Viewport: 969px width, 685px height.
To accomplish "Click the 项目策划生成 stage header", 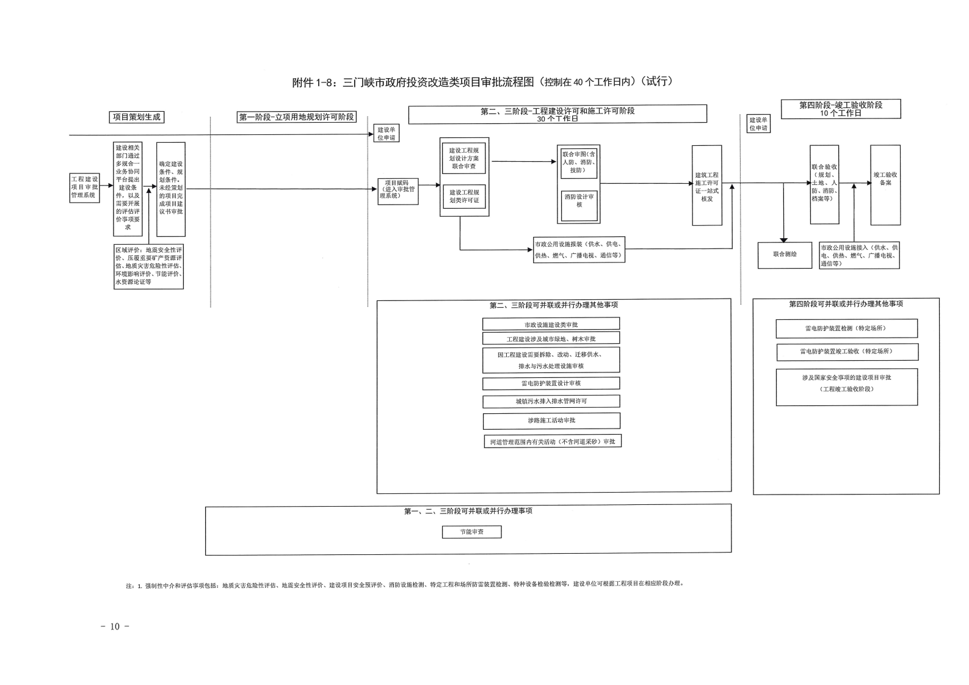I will click(137, 117).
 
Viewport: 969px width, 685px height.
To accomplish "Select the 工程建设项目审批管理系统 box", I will click(84, 187).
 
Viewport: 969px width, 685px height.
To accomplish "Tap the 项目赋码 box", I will click(397, 189).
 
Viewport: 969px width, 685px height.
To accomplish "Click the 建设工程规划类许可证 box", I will click(464, 197).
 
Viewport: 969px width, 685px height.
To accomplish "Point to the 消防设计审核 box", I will click(579, 200).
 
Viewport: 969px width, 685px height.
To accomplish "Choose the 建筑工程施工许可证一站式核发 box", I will click(706, 186).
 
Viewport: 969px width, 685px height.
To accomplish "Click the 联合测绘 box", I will click(785, 255).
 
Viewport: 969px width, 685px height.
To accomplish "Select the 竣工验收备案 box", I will click(885, 184).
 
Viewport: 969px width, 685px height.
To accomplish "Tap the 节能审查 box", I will click(471, 532).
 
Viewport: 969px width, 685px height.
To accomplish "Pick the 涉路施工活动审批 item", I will click(551, 421).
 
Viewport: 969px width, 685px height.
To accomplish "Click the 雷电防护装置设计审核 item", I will click(551, 383).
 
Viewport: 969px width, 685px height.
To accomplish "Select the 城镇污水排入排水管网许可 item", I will click(551, 402).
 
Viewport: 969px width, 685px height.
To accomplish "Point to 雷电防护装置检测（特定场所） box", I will click(846, 328).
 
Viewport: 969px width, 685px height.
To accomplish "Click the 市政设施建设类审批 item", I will click(551, 324).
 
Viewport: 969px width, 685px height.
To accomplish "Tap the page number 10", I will click(115, 626).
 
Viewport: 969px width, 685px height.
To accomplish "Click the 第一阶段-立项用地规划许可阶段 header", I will click(297, 117).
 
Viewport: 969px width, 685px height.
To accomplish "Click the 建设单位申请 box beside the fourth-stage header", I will click(758, 124).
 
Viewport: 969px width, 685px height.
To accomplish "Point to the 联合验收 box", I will click(824, 184).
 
